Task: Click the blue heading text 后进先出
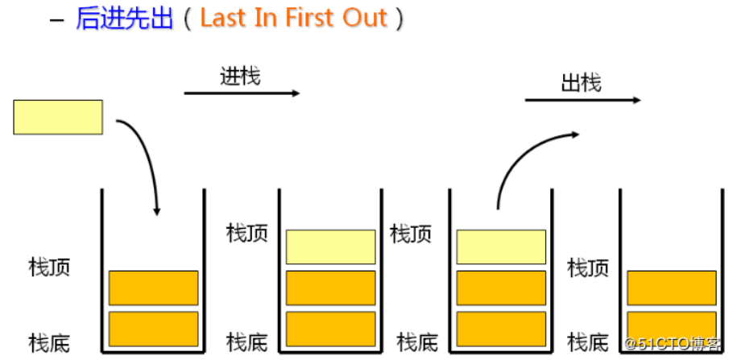(x=124, y=18)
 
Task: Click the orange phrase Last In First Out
(x=293, y=18)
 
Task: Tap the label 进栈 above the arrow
(x=240, y=77)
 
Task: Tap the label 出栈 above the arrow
(x=581, y=82)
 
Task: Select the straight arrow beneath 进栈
(x=242, y=93)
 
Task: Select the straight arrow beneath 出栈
(x=582, y=100)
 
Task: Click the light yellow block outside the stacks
(x=58, y=117)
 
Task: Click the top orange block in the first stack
(x=153, y=288)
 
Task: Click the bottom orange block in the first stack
(x=153, y=328)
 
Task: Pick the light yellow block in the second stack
(x=331, y=246)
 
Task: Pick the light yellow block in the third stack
(x=501, y=246)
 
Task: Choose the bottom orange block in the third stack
(x=501, y=328)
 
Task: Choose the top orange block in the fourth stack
(x=671, y=288)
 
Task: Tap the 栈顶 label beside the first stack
(x=49, y=267)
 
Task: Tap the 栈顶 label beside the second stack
(x=247, y=234)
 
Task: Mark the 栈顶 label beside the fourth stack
(x=589, y=267)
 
